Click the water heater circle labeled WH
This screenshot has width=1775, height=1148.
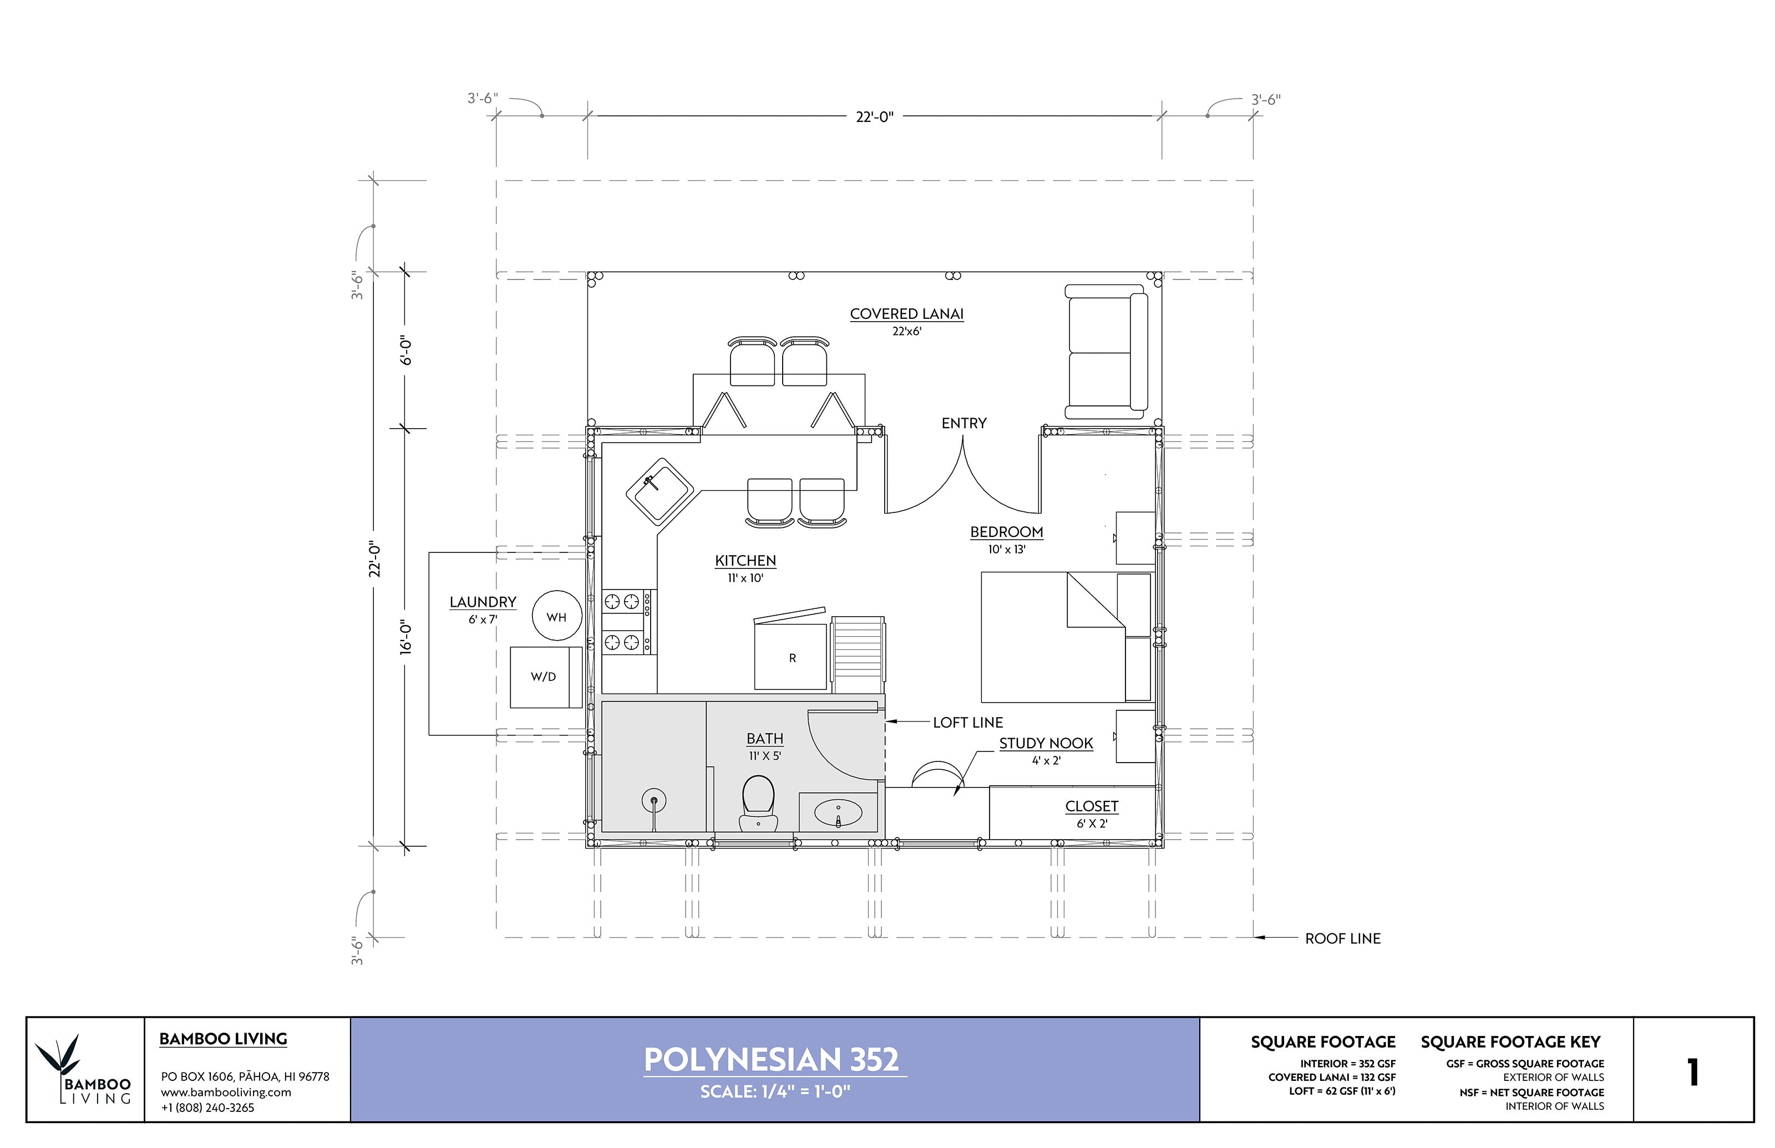[556, 616]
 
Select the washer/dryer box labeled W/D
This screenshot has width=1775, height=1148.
[545, 677]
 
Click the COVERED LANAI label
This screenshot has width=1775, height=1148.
[906, 314]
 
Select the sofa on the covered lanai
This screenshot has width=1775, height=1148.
[1106, 352]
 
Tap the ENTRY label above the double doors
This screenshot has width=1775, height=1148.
[963, 423]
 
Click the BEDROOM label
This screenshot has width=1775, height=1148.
[1006, 531]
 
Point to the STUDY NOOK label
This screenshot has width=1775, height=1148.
[1045, 743]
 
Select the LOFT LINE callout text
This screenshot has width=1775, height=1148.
[967, 722]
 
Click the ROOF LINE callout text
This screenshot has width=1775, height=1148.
[1342, 938]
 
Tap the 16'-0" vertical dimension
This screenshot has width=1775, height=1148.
[405, 637]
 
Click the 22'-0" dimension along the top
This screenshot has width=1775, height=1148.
[874, 117]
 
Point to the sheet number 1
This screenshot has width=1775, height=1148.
[1692, 1072]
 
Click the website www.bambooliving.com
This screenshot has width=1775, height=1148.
[226, 1092]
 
